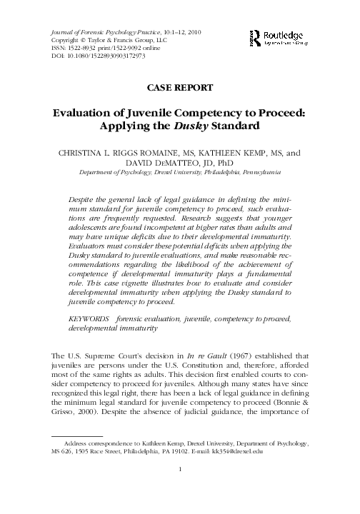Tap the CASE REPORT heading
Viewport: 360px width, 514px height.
click(x=180, y=88)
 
